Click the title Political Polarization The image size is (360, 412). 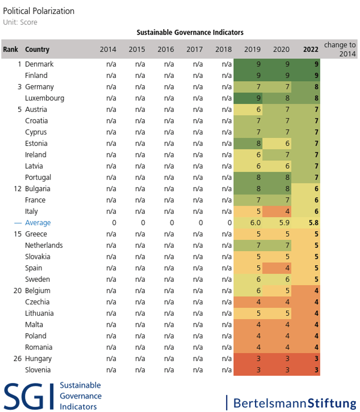click(39, 11)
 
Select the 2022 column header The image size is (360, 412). click(311, 49)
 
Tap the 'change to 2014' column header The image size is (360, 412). click(340, 49)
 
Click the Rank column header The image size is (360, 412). click(10, 49)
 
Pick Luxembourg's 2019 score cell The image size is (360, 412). click(248, 98)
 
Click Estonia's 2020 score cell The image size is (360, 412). click(277, 143)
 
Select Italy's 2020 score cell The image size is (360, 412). click(277, 211)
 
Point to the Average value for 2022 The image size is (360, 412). click(306, 222)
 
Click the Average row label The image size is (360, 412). click(38, 223)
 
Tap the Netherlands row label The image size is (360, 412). click(44, 246)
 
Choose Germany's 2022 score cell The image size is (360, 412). click(306, 87)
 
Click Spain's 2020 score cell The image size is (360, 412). click(277, 268)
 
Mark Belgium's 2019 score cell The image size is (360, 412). click(248, 291)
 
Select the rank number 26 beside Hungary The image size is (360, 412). click(18, 358)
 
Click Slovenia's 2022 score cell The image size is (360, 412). click(306, 370)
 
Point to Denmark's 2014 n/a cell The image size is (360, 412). click(111, 64)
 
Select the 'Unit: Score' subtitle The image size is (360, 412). click(20, 22)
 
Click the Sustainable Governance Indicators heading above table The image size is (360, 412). click(190, 32)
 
